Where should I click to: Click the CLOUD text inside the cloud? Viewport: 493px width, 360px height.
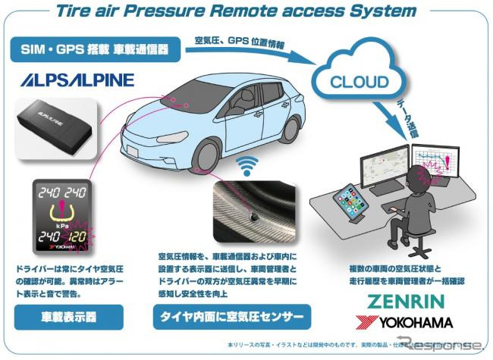click(x=359, y=81)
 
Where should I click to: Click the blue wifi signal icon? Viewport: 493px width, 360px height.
click(x=246, y=165)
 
